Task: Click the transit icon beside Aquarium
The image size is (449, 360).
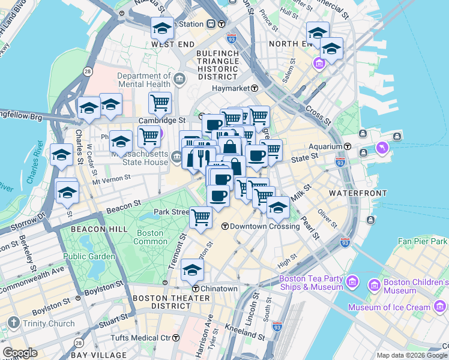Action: (347, 147)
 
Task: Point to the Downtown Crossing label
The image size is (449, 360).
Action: (265, 226)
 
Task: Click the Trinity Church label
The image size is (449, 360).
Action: (44, 324)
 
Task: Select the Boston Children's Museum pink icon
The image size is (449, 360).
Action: (375, 283)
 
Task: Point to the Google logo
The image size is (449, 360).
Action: (20, 353)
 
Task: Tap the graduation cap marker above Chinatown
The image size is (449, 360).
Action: (193, 271)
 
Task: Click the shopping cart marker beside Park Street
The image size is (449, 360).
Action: (200, 217)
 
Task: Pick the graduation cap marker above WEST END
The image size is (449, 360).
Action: (162, 28)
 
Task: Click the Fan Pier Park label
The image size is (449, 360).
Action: (423, 241)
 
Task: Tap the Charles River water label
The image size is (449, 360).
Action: (32, 166)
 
